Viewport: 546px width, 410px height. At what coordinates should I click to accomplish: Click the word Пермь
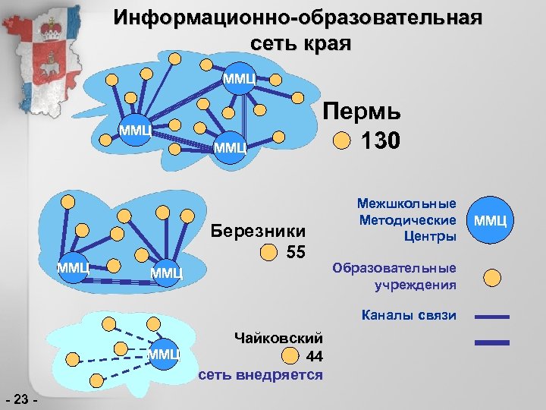[x=362, y=112]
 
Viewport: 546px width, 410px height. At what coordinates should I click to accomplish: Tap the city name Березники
[x=259, y=231]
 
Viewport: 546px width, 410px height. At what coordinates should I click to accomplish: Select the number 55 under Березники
[x=296, y=252]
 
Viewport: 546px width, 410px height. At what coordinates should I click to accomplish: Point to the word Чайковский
[x=279, y=337]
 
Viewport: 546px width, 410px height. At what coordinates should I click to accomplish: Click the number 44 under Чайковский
[x=314, y=356]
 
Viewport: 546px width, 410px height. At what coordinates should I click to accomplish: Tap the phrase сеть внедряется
[x=260, y=375]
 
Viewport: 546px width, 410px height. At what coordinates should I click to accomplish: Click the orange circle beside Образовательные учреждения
[x=492, y=277]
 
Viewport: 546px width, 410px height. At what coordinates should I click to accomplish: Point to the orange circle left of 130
[x=342, y=141]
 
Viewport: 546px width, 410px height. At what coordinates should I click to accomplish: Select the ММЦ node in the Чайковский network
[x=163, y=352]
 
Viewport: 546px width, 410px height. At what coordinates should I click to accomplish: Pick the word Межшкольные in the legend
[x=406, y=203]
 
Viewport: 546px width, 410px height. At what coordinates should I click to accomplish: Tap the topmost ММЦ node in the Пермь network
[x=240, y=77]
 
